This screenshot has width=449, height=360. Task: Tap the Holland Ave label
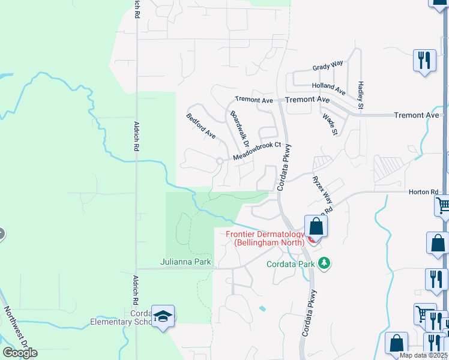(x=328, y=89)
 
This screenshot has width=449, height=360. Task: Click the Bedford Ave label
(x=200, y=126)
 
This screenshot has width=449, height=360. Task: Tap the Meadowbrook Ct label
(x=257, y=150)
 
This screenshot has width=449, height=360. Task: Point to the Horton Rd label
(x=424, y=192)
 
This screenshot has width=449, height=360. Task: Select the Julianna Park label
(x=184, y=262)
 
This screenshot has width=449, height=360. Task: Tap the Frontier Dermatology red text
(x=267, y=238)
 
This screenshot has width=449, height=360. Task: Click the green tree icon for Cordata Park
(x=324, y=263)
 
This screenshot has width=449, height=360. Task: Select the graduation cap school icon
(x=163, y=316)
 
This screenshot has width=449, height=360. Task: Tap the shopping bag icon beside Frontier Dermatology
(x=316, y=227)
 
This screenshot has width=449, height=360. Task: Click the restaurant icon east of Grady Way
(x=424, y=61)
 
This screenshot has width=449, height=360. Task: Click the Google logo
(x=20, y=353)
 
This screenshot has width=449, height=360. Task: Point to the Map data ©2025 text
(x=424, y=355)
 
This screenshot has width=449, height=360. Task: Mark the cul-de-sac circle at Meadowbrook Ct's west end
(x=220, y=161)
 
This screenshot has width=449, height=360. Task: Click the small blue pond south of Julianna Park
(x=262, y=308)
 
